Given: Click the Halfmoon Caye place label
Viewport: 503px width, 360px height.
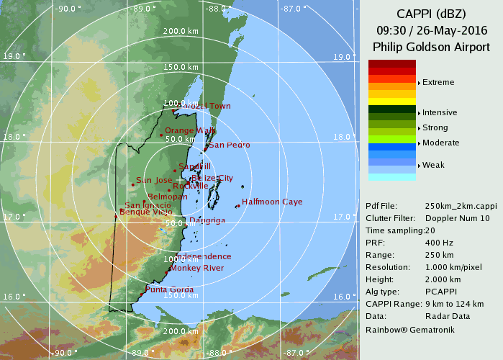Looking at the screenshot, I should point(272,202).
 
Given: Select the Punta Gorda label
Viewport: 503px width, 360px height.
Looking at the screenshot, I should point(170,290).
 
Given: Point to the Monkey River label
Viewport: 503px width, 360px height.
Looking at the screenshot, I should point(196,268).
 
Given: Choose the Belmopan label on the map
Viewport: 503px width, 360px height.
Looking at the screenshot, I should point(166,197).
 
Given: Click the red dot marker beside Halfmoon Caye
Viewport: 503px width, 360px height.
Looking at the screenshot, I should point(237,207).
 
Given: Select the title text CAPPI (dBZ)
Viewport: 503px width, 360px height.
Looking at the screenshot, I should point(431,14).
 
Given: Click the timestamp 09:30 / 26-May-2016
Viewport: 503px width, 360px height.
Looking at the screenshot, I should point(431,30).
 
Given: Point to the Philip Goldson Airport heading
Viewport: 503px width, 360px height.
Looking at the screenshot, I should point(431,46).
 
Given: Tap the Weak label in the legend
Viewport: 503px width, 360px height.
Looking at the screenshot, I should point(433,166).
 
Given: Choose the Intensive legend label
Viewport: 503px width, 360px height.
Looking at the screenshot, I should point(440,113).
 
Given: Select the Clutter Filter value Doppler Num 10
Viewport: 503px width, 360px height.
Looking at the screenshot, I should point(458,217).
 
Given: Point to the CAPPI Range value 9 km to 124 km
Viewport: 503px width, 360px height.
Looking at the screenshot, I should point(460,304).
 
